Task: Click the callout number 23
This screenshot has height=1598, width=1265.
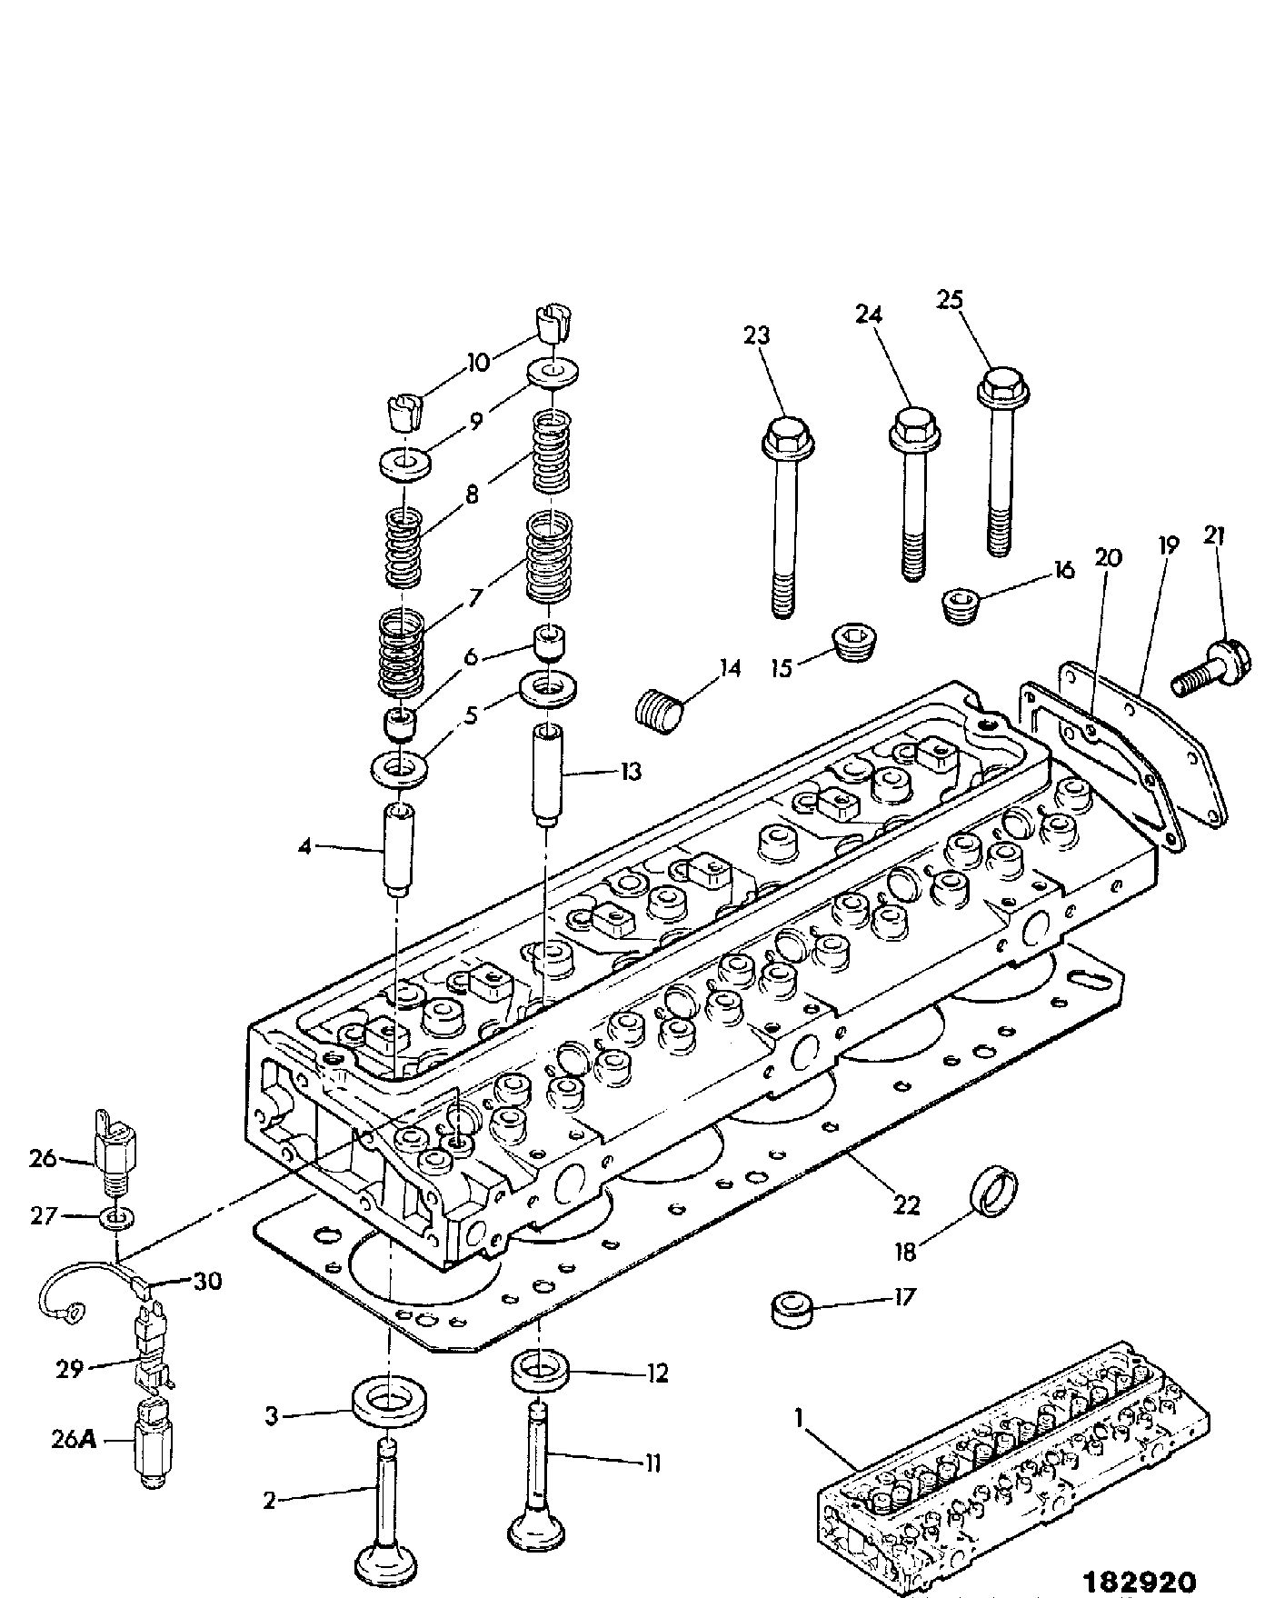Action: click(x=756, y=335)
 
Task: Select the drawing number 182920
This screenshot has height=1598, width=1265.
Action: click(x=1142, y=1579)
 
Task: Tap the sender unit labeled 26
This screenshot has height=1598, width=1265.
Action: click(x=113, y=1152)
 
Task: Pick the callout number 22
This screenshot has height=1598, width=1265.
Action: click(x=906, y=1205)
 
